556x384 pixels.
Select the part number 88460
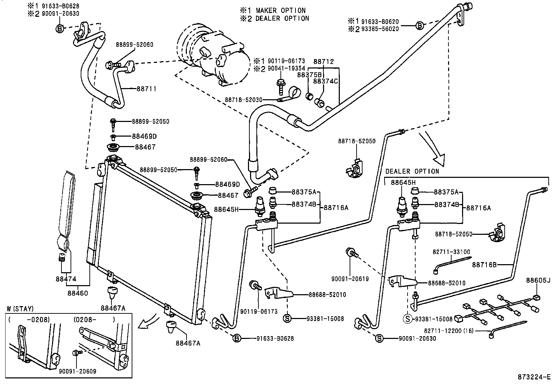pos(78,293)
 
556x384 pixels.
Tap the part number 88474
pos(65,279)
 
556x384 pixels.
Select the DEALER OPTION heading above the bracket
pos(412,172)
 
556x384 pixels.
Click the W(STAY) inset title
pos(20,309)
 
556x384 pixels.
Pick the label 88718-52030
pos(243,100)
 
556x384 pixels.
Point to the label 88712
pos(323,61)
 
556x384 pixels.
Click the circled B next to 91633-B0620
pos(420,25)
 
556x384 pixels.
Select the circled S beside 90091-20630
pos(379,338)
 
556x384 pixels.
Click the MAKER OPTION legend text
pos(280,10)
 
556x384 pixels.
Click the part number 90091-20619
pos(350,279)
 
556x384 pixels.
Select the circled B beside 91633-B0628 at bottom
pos(236,338)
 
